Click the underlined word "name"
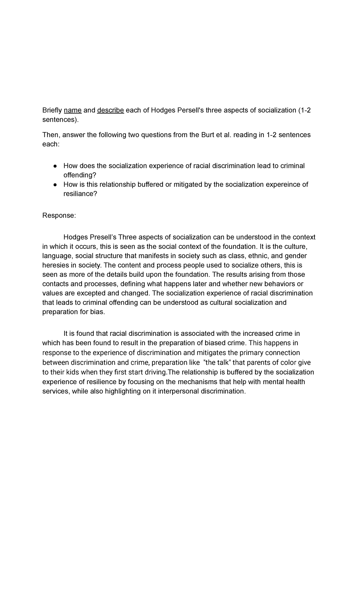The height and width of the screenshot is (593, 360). (73, 110)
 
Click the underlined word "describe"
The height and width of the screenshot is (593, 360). (110, 110)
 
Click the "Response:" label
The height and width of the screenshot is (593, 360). (59, 215)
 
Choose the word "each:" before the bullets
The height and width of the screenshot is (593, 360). (51, 144)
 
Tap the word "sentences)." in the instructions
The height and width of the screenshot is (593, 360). (61, 120)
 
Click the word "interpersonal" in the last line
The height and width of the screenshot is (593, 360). (180, 391)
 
